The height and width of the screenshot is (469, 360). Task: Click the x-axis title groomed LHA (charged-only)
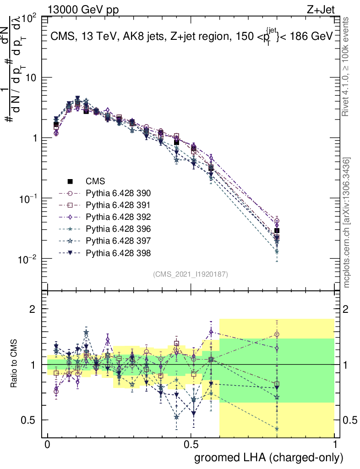coord(269,458)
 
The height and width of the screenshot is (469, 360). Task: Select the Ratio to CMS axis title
coord(15,364)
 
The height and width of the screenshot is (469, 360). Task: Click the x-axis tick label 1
coord(334,444)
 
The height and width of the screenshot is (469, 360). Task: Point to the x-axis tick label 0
coord(48,444)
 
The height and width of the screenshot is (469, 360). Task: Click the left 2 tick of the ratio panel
coord(33,309)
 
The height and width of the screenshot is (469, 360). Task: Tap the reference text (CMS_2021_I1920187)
coord(190,274)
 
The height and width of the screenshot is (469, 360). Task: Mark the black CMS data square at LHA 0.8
coord(277,231)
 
